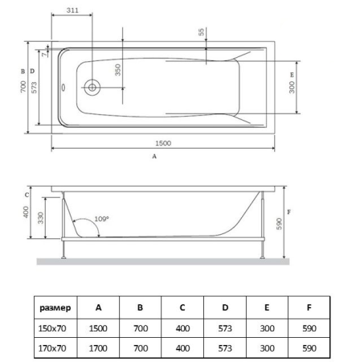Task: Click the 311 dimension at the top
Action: (73, 10)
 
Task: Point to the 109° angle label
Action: (101, 219)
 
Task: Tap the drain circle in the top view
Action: (92, 86)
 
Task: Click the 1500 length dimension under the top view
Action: (162, 142)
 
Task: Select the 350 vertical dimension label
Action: (117, 71)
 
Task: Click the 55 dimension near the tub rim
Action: (200, 33)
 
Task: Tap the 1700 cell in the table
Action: (98, 349)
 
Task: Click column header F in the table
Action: (309, 307)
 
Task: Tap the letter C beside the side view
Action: (26, 194)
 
